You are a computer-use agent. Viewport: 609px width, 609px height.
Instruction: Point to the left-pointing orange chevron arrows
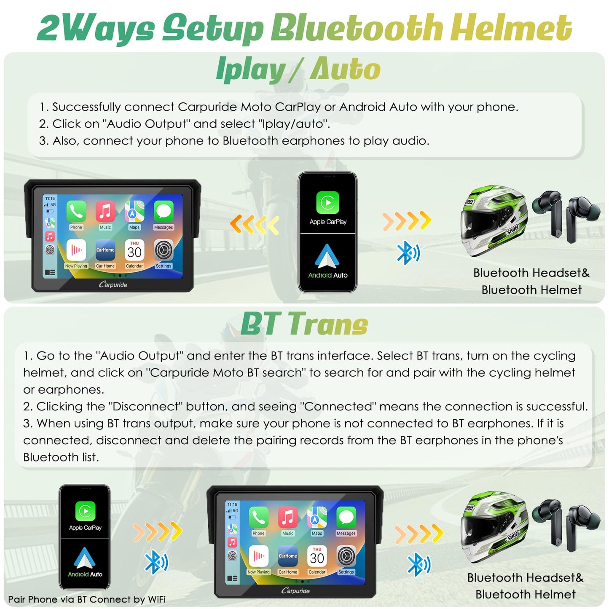pyautogui.click(x=255, y=225)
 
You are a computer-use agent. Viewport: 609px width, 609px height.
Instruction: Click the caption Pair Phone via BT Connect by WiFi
pyautogui.click(x=86, y=599)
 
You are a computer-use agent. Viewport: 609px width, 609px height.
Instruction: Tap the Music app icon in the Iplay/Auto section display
pyautogui.click(x=105, y=211)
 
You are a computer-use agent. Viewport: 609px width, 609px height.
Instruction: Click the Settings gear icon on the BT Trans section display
pyautogui.click(x=346, y=556)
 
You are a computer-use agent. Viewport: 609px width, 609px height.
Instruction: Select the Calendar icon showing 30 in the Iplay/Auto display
pyautogui.click(x=134, y=250)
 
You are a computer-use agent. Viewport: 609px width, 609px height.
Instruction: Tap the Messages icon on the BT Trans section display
pyautogui.click(x=346, y=517)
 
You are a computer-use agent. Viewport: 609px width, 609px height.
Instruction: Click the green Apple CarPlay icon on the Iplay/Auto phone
pyautogui.click(x=327, y=203)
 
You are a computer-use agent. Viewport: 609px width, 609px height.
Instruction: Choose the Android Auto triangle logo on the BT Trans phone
pyautogui.click(x=85, y=558)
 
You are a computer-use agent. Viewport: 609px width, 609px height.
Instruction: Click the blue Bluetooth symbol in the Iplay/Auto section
pyautogui.click(x=408, y=252)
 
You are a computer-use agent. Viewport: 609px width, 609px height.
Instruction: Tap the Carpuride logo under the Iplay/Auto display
pyautogui.click(x=113, y=284)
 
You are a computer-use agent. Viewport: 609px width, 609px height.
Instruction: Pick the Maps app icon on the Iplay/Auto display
pyautogui.click(x=134, y=211)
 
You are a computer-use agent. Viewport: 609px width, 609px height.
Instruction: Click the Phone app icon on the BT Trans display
pyautogui.click(x=258, y=517)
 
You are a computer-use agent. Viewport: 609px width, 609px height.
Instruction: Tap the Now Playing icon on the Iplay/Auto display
pyautogui.click(x=76, y=250)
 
